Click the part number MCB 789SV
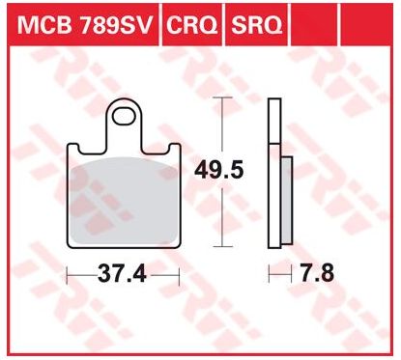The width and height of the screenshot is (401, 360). (84, 25)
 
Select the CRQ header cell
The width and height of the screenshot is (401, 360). (192, 25)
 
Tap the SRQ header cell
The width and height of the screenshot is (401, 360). (257, 25)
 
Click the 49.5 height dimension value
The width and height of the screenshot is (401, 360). (218, 170)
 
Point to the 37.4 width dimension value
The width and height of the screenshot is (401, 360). (122, 274)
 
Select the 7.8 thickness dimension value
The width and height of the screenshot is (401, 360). (317, 274)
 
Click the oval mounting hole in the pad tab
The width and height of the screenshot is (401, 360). (124, 117)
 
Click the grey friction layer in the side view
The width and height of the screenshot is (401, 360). (286, 200)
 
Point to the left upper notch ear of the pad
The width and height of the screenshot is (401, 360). (73, 148)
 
